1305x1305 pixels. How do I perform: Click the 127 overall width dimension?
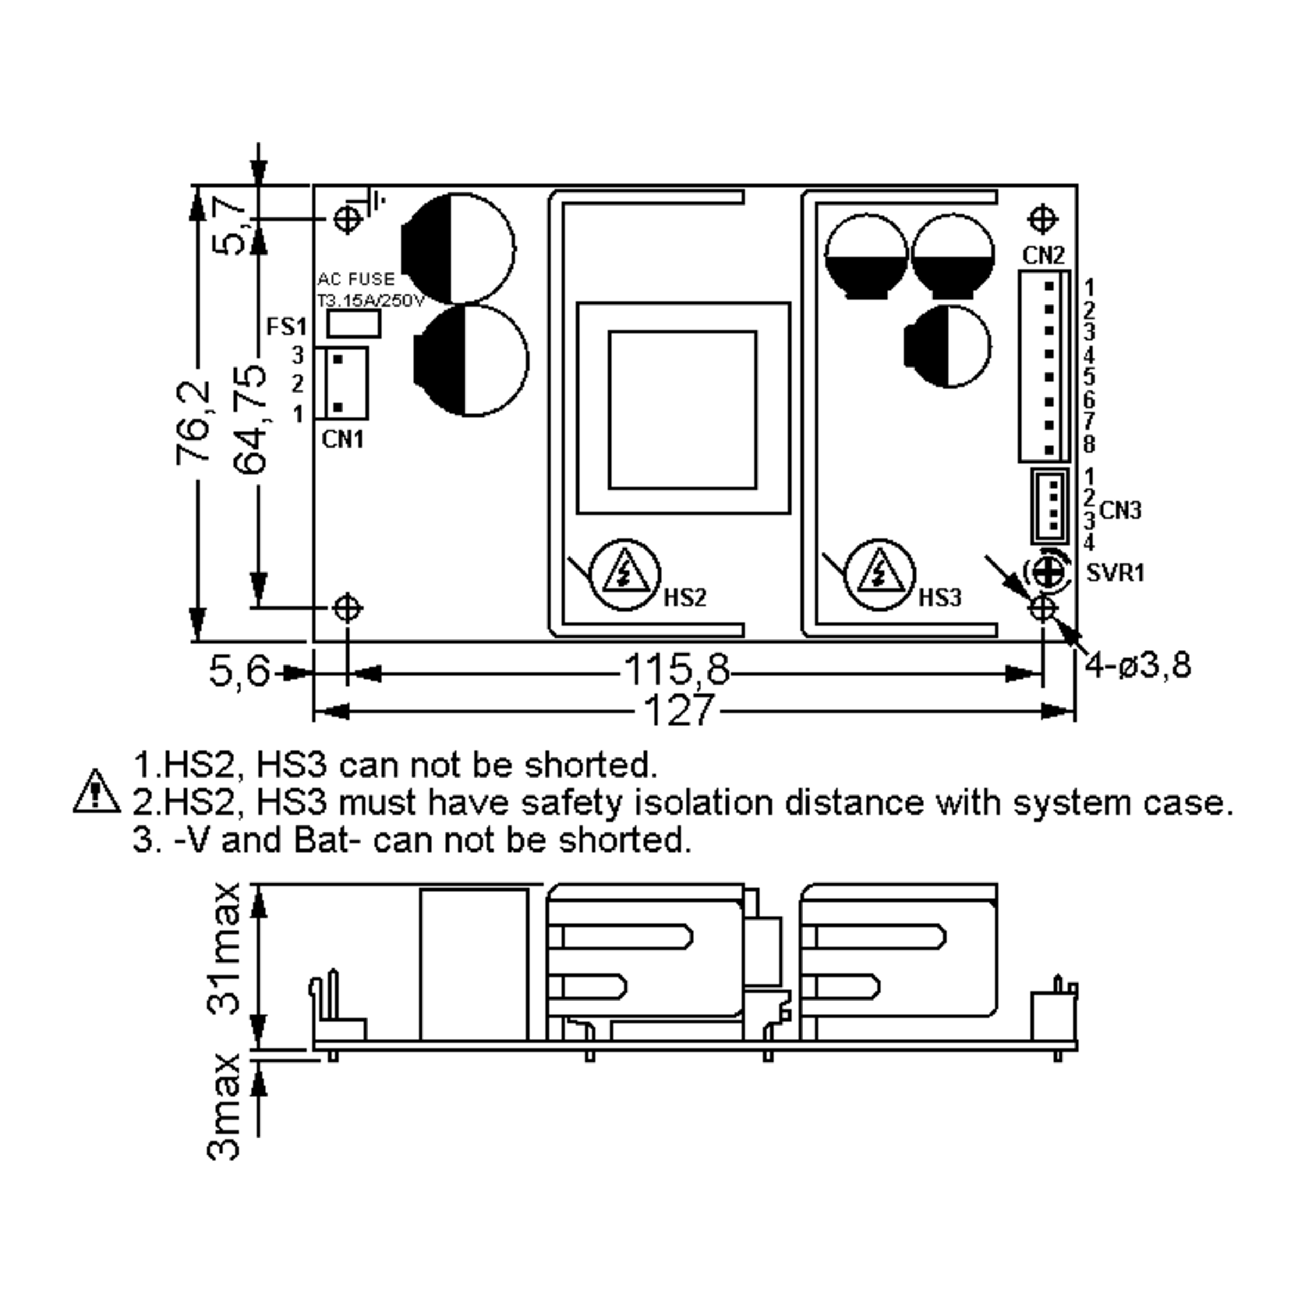(x=678, y=711)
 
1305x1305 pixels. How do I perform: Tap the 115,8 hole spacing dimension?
(x=675, y=670)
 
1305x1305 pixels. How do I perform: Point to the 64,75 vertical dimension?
(x=250, y=419)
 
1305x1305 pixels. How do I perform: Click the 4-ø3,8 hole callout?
(x=1138, y=666)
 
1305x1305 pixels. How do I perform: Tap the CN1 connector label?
(x=343, y=440)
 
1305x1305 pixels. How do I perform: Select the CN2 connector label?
(x=1043, y=256)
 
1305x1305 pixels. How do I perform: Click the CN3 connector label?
(x=1120, y=511)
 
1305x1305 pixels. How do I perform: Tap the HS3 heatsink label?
(x=940, y=597)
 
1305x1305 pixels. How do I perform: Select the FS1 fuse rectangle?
(x=353, y=324)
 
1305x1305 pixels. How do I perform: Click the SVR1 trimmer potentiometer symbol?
(x=1047, y=572)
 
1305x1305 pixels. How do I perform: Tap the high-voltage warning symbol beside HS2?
(x=624, y=574)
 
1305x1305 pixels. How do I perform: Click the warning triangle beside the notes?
(x=97, y=792)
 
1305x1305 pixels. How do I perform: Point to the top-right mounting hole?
(x=1042, y=219)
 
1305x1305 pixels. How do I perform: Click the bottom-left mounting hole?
(x=347, y=608)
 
